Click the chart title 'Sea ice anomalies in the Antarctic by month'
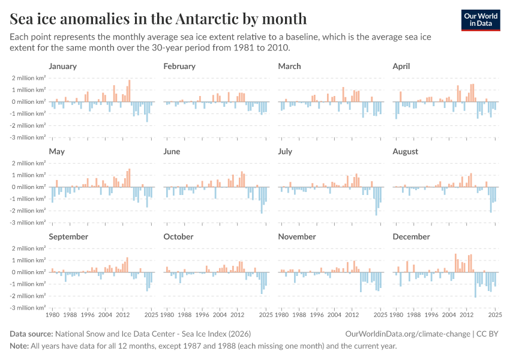click(x=158, y=19)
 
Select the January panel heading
click(x=62, y=66)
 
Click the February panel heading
click(x=179, y=66)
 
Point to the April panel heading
click(x=401, y=66)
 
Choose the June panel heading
click(x=172, y=152)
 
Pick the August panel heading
click(x=405, y=152)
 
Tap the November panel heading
click(x=296, y=237)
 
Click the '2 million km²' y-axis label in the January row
click(x=28, y=78)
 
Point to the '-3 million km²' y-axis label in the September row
click(x=27, y=308)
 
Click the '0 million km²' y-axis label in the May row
click(x=28, y=187)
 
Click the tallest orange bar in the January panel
click(x=129, y=91)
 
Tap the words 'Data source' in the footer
click(x=31, y=334)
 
